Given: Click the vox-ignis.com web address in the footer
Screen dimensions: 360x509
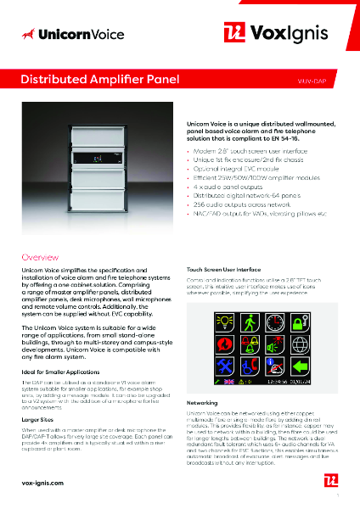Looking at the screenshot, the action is tap(42, 481).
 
